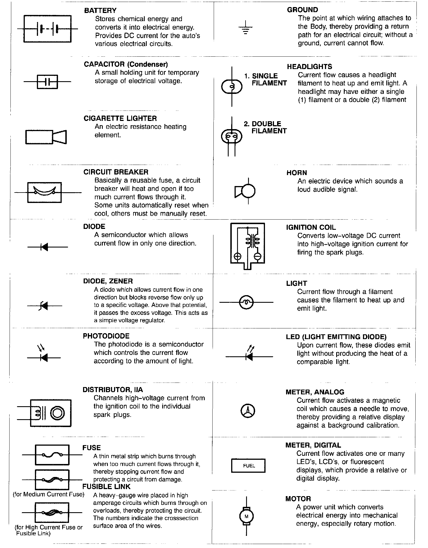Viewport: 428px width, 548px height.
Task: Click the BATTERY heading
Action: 100,11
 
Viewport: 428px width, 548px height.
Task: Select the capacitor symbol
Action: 47,82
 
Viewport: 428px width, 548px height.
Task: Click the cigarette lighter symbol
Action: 46,137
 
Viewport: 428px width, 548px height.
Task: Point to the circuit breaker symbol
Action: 44,192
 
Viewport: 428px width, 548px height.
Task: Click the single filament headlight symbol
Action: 232,87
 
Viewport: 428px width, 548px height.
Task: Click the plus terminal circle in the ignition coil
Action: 238,256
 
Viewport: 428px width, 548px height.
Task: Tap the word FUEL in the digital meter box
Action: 249,466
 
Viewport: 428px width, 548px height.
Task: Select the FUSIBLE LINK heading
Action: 106,487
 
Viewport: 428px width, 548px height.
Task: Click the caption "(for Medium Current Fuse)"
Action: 49,494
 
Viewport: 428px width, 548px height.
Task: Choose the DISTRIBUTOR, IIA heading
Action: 113,390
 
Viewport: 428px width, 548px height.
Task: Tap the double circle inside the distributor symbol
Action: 57,413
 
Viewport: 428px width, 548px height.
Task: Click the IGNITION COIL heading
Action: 311,227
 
